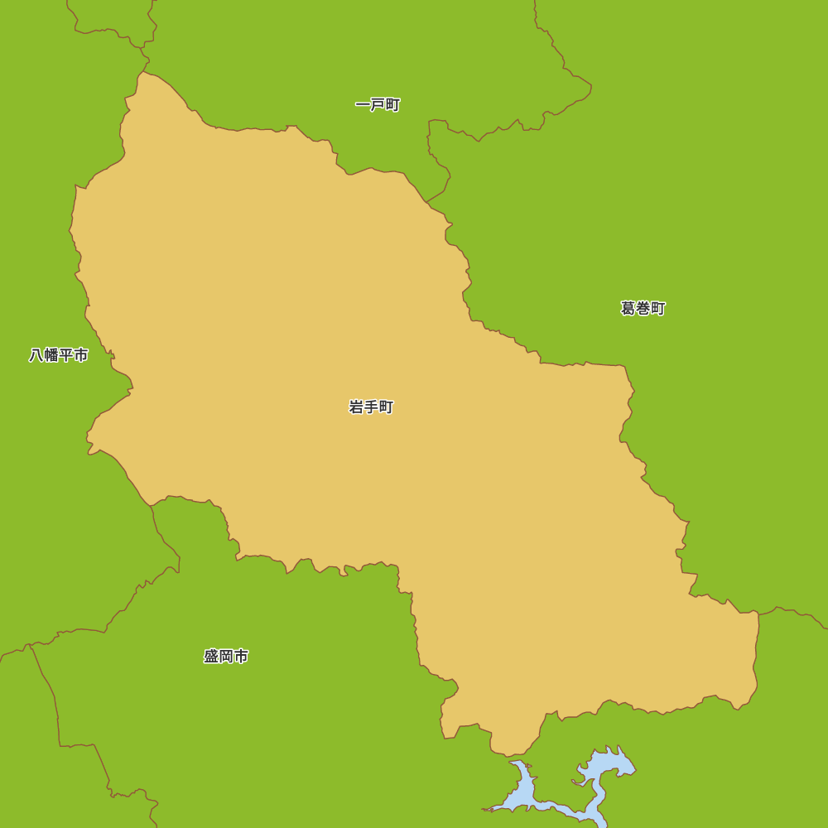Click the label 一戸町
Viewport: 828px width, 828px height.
click(378, 105)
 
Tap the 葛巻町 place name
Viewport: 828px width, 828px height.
click(643, 309)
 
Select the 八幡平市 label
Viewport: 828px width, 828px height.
click(59, 355)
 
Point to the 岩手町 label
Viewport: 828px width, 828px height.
click(371, 407)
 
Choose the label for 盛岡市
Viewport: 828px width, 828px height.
click(226, 657)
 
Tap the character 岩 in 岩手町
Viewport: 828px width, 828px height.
click(357, 407)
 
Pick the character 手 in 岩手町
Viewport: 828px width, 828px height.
click(371, 407)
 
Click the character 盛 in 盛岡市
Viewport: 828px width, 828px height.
click(211, 657)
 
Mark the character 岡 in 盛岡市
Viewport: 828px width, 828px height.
click(226, 657)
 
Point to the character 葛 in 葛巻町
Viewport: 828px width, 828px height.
click(628, 309)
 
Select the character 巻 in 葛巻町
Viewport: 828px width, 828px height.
click(643, 309)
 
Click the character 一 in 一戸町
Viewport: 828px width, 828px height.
click(363, 105)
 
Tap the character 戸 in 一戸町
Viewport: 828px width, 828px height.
click(378, 105)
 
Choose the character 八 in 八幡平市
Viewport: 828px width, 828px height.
click(36, 355)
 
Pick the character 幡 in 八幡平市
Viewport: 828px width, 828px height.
click(51, 355)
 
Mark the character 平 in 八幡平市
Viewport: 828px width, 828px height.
click(66, 355)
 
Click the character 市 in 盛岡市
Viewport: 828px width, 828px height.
click(241, 657)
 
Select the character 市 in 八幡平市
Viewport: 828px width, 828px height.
click(81, 355)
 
